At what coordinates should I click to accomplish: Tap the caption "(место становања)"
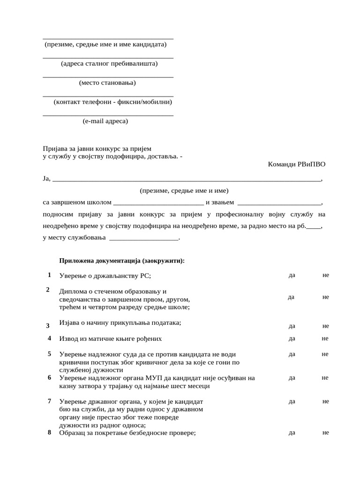[107, 83]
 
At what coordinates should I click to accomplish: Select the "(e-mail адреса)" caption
[105, 121]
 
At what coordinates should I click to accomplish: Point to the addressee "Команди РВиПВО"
[296, 164]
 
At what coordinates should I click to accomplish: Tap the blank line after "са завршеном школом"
[158, 203]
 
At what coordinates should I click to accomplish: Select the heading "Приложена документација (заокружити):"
[122, 261]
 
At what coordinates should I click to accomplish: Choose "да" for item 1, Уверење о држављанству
[292, 275]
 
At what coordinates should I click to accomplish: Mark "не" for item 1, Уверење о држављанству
[326, 275]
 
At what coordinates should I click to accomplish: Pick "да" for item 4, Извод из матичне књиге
[292, 338]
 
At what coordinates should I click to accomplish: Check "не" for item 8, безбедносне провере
[326, 433]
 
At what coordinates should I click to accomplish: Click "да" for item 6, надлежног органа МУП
[292, 377]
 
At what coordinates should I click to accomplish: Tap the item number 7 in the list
[49, 401]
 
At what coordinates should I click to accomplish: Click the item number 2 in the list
[48, 289]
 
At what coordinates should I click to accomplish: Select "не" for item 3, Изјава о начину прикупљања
[326, 326]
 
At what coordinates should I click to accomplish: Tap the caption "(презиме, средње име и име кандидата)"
[105, 45]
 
